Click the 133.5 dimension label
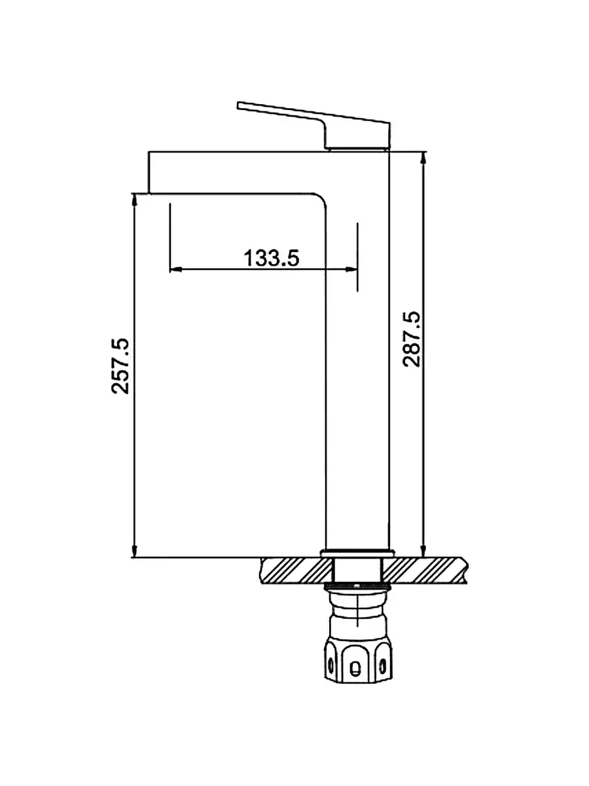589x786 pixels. click(272, 258)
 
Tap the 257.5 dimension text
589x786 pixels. click(120, 365)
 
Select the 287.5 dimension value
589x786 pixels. click(411, 339)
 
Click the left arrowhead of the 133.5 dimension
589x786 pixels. click(175, 269)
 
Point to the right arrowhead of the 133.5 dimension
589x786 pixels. click(351, 269)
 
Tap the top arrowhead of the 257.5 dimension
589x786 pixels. click(134, 200)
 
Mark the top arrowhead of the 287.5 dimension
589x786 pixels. click(423, 158)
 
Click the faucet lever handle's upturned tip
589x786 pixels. click(239, 105)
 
